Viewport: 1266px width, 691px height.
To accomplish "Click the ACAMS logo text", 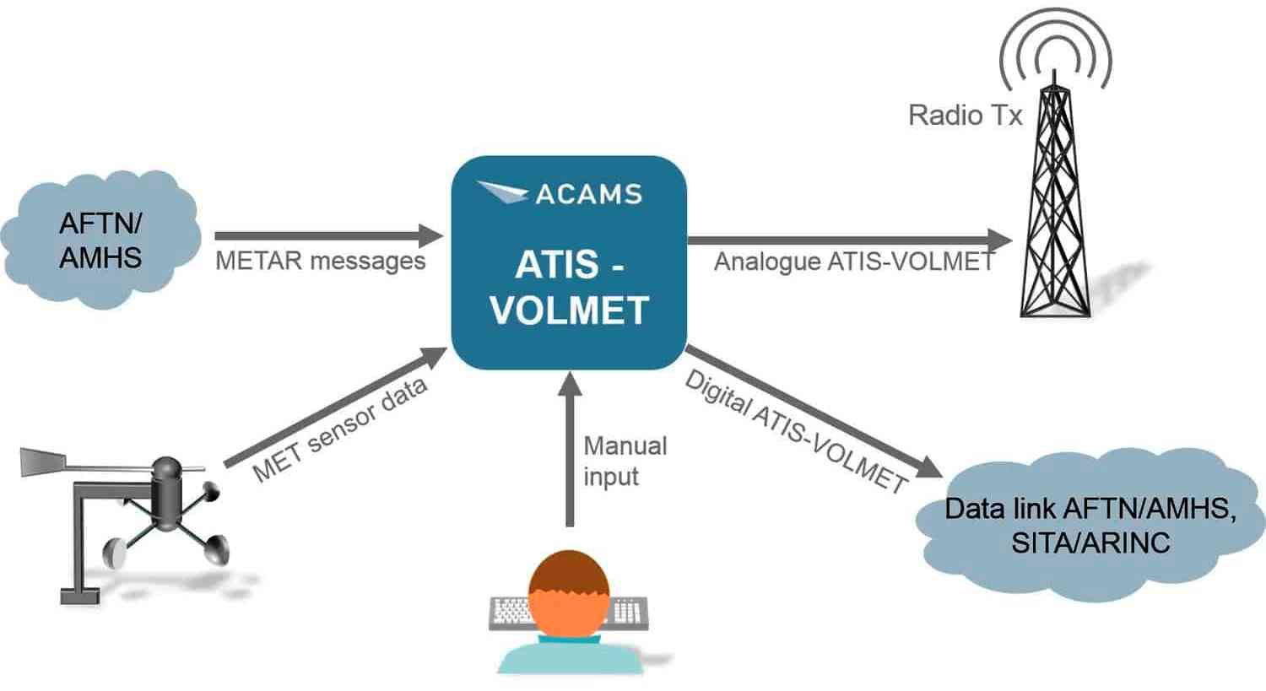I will [x=588, y=194].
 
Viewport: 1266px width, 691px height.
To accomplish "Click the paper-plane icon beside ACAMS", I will [x=503, y=192].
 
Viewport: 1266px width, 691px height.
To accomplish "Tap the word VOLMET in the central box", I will [x=569, y=310].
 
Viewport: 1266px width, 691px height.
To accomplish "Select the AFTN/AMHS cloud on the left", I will [x=100, y=240].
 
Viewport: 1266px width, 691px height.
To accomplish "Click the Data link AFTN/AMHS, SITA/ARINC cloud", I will [x=1090, y=525].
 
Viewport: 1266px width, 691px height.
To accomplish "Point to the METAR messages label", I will [x=320, y=261].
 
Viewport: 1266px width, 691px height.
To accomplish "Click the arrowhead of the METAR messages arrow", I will [x=431, y=236].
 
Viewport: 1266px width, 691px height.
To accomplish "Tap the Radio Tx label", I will [x=965, y=115].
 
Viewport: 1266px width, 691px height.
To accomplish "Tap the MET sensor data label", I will [x=340, y=430].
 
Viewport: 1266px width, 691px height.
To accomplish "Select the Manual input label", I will [x=625, y=461].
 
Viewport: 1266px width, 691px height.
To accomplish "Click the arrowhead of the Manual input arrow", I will [x=571, y=384].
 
